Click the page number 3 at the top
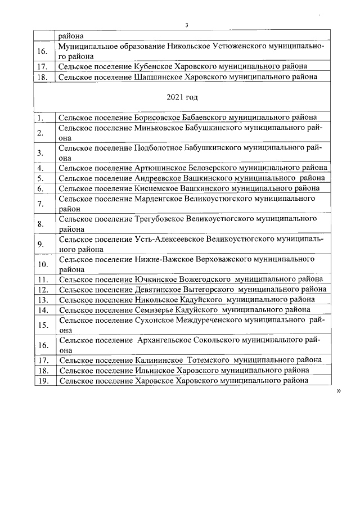[x=186, y=25]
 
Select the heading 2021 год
[x=182, y=97]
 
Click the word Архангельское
[x=166, y=340]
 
